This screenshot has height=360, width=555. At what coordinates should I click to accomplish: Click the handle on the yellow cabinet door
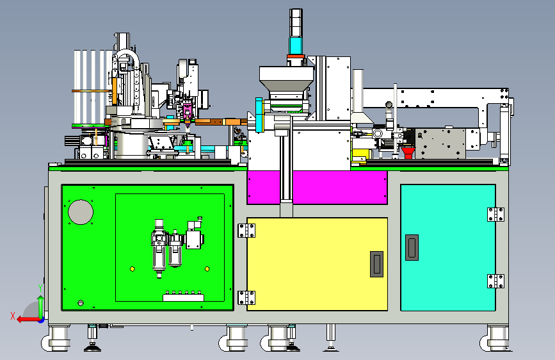tap(376, 264)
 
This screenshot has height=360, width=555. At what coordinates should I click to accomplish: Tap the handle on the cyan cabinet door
tap(412, 247)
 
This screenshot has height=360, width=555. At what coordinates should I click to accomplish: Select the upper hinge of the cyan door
tap(495, 215)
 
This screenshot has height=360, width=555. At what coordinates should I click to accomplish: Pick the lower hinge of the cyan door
tap(495, 281)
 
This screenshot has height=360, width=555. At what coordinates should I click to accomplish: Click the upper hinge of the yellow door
tap(246, 231)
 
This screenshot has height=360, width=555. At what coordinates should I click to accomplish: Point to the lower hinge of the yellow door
tap(246, 298)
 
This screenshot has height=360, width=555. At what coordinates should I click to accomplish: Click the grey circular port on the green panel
tap(81, 212)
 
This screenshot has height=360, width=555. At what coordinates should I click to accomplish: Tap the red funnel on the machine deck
tap(408, 152)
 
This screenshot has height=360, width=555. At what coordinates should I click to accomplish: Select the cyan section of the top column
tap(296, 45)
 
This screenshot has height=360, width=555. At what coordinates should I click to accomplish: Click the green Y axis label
tap(40, 288)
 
